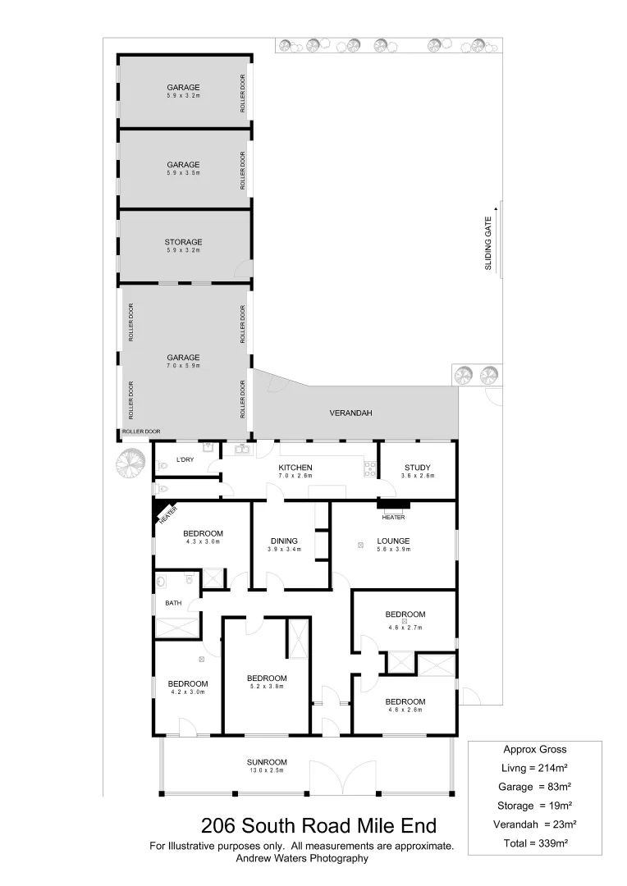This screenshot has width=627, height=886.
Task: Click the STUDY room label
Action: click(417, 468)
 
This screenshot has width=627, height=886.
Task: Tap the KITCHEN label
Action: click(295, 468)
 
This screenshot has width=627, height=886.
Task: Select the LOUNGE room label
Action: click(393, 541)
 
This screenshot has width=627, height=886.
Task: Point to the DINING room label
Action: click(283, 541)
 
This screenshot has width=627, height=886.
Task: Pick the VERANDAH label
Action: click(350, 413)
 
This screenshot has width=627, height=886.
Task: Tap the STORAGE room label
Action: click(183, 242)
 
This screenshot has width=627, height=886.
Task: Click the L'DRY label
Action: click(185, 459)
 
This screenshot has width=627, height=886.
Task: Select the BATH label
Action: click(173, 603)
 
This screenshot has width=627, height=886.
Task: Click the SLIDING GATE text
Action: click(487, 244)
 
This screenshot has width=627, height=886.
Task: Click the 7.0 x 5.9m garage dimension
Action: click(183, 366)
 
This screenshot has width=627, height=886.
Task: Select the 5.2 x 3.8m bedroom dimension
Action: click(267, 687)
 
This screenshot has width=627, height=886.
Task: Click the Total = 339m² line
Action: click(534, 843)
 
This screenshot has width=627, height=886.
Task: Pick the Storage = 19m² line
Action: click(534, 805)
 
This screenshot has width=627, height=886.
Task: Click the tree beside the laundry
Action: click(129, 464)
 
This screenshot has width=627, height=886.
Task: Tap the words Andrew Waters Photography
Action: click(301, 859)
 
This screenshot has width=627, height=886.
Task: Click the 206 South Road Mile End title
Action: click(319, 824)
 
